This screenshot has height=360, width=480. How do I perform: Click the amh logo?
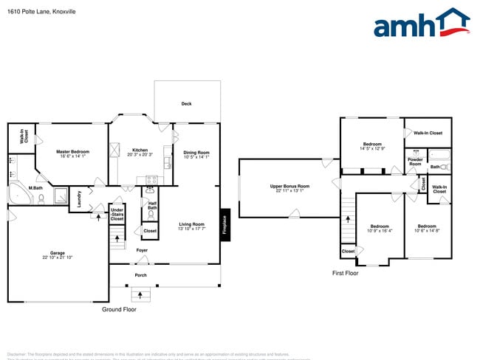tap(421, 24)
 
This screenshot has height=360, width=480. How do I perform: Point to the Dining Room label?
tap(196, 153)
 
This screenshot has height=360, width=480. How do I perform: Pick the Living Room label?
tap(191, 226)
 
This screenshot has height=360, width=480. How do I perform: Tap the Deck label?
tap(187, 104)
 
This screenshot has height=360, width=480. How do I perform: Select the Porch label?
tap(140, 276)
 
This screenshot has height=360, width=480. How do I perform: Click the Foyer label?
tap(142, 250)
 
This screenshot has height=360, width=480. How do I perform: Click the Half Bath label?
tap(152, 206)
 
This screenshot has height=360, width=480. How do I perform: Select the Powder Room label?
tap(415, 162)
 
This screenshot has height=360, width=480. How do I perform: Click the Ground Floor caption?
tap(118, 310)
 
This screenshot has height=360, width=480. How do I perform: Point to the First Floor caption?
tap(345, 273)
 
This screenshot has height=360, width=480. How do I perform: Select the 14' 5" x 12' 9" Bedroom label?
tap(371, 145)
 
